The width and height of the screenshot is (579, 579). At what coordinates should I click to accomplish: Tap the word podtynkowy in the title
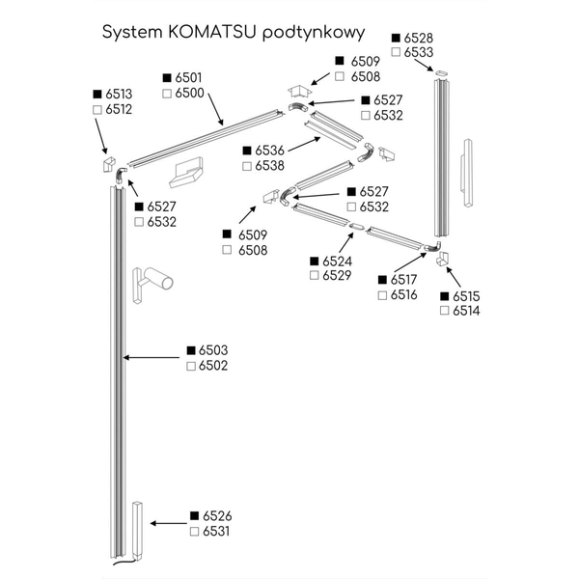(x=313, y=32)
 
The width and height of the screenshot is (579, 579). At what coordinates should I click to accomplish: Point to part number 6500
(x=188, y=93)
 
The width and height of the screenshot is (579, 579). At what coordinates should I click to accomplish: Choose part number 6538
(x=270, y=166)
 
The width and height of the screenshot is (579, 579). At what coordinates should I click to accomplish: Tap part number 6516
(x=403, y=294)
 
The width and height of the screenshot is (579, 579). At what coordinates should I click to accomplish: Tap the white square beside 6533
(x=396, y=52)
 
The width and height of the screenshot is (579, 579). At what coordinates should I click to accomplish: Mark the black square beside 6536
(x=247, y=151)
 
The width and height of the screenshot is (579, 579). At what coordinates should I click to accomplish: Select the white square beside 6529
(x=316, y=276)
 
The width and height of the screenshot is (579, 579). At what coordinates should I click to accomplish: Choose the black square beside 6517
(x=383, y=280)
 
